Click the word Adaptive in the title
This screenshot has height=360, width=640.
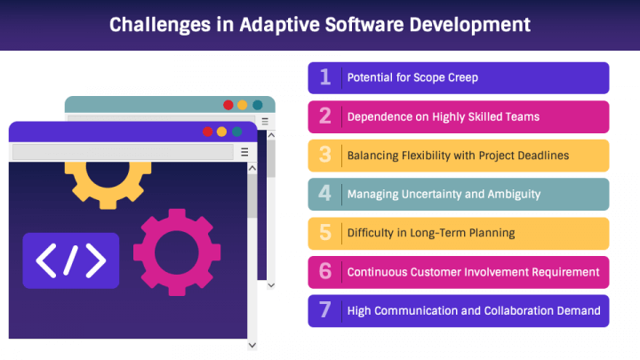click(280, 25)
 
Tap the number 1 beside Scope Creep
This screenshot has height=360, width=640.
click(325, 76)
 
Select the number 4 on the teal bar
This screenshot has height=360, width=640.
click(325, 193)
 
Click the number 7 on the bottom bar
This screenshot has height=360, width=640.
click(325, 310)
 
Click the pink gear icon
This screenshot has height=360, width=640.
click(177, 252)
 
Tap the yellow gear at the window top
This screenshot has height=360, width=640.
click(108, 185)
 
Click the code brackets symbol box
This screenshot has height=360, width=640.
click(71, 260)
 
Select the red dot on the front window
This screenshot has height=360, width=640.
click(208, 132)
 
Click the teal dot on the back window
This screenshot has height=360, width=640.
click(258, 105)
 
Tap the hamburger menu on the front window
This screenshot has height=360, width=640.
click(244, 152)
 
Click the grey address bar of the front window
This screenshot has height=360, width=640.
click(123, 152)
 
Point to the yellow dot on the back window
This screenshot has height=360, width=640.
click(243, 105)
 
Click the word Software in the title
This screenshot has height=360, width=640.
click(365, 25)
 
